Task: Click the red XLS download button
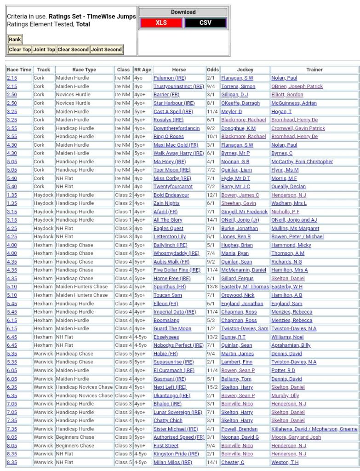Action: click(161, 23)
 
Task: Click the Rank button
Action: click(15, 39)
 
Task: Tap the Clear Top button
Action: click(20, 49)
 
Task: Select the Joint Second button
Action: click(106, 49)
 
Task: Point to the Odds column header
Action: click(213, 69)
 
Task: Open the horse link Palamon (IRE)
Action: click(170, 78)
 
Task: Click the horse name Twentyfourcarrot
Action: click(173, 187)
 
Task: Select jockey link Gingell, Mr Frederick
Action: click(244, 212)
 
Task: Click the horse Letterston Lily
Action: click(170, 237)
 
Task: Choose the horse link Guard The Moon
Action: click(172, 329)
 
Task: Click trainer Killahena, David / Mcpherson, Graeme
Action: click(314, 429)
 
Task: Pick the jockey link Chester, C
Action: click(233, 462)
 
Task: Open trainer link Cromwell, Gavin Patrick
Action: click(298, 128)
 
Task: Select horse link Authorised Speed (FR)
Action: click(179, 437)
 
